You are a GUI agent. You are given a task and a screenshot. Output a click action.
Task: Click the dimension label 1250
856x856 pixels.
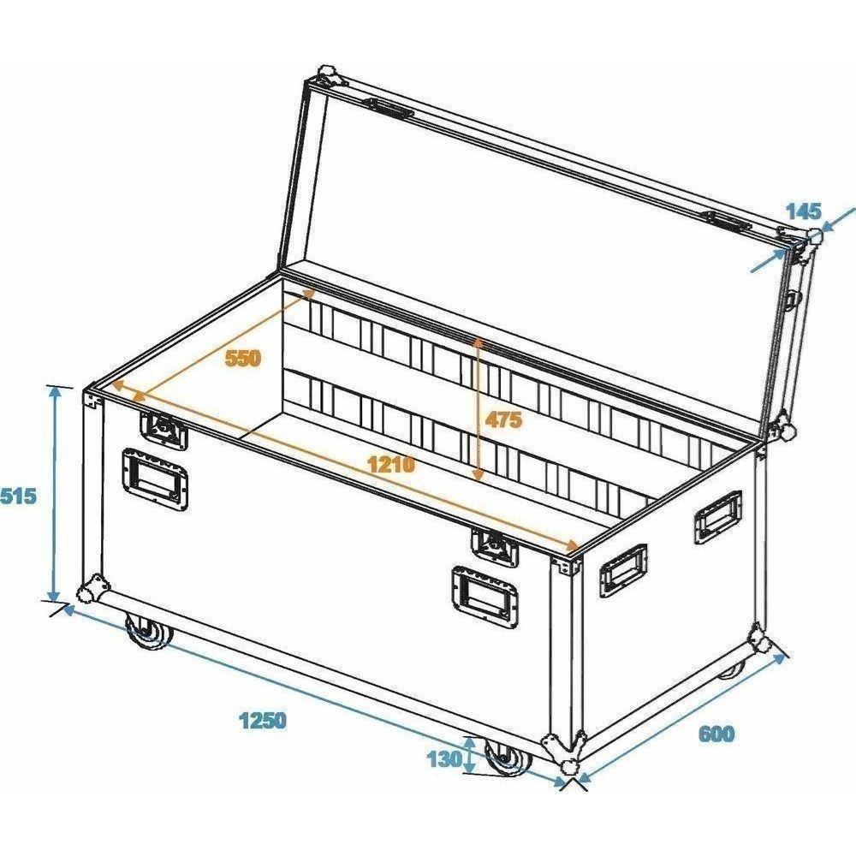pyautogui.click(x=263, y=720)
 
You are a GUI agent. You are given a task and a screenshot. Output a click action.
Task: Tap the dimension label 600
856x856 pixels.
pyautogui.click(x=716, y=734)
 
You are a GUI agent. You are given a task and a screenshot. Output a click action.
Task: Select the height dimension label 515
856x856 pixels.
pyautogui.click(x=18, y=496)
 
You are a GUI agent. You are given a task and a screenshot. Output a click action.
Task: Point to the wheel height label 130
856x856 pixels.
pyautogui.click(x=444, y=758)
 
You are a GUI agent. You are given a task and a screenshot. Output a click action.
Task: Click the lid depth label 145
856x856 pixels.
pyautogui.click(x=803, y=211)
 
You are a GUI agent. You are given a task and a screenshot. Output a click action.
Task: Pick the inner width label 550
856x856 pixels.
pyautogui.click(x=243, y=358)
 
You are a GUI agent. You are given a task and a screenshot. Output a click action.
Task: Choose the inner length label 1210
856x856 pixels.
pyautogui.click(x=391, y=465)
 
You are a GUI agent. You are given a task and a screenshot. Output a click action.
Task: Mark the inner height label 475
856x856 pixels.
pyautogui.click(x=503, y=419)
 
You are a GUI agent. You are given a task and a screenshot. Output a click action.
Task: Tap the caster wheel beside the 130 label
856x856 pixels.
pyautogui.click(x=508, y=758)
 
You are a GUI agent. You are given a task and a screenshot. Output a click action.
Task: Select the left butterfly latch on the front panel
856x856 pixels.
pyautogui.click(x=163, y=430)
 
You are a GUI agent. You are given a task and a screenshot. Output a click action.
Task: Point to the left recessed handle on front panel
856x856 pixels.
pyautogui.click(x=155, y=479)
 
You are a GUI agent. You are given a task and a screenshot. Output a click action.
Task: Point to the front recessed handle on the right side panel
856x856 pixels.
pyautogui.click(x=623, y=571)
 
